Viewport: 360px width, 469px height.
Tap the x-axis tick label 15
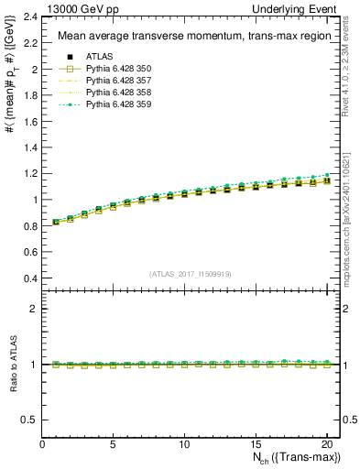click(x=255, y=444)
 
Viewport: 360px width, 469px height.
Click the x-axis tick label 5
click(x=113, y=444)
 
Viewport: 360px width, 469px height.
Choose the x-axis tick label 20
click(x=326, y=444)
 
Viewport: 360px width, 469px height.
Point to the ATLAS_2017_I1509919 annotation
click(x=185, y=273)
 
